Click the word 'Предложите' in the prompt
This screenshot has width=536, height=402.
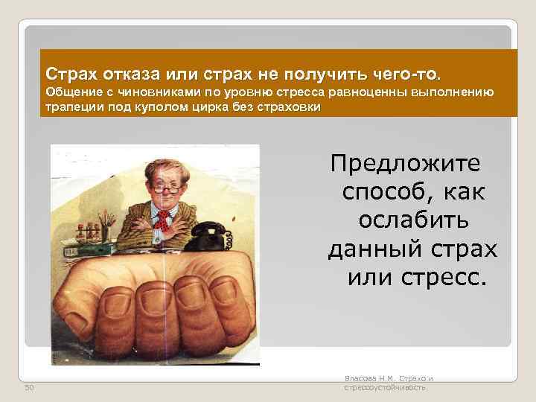tap(406, 162)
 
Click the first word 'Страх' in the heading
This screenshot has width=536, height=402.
tap(72, 74)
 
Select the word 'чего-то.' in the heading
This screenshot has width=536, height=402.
tap(409, 74)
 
